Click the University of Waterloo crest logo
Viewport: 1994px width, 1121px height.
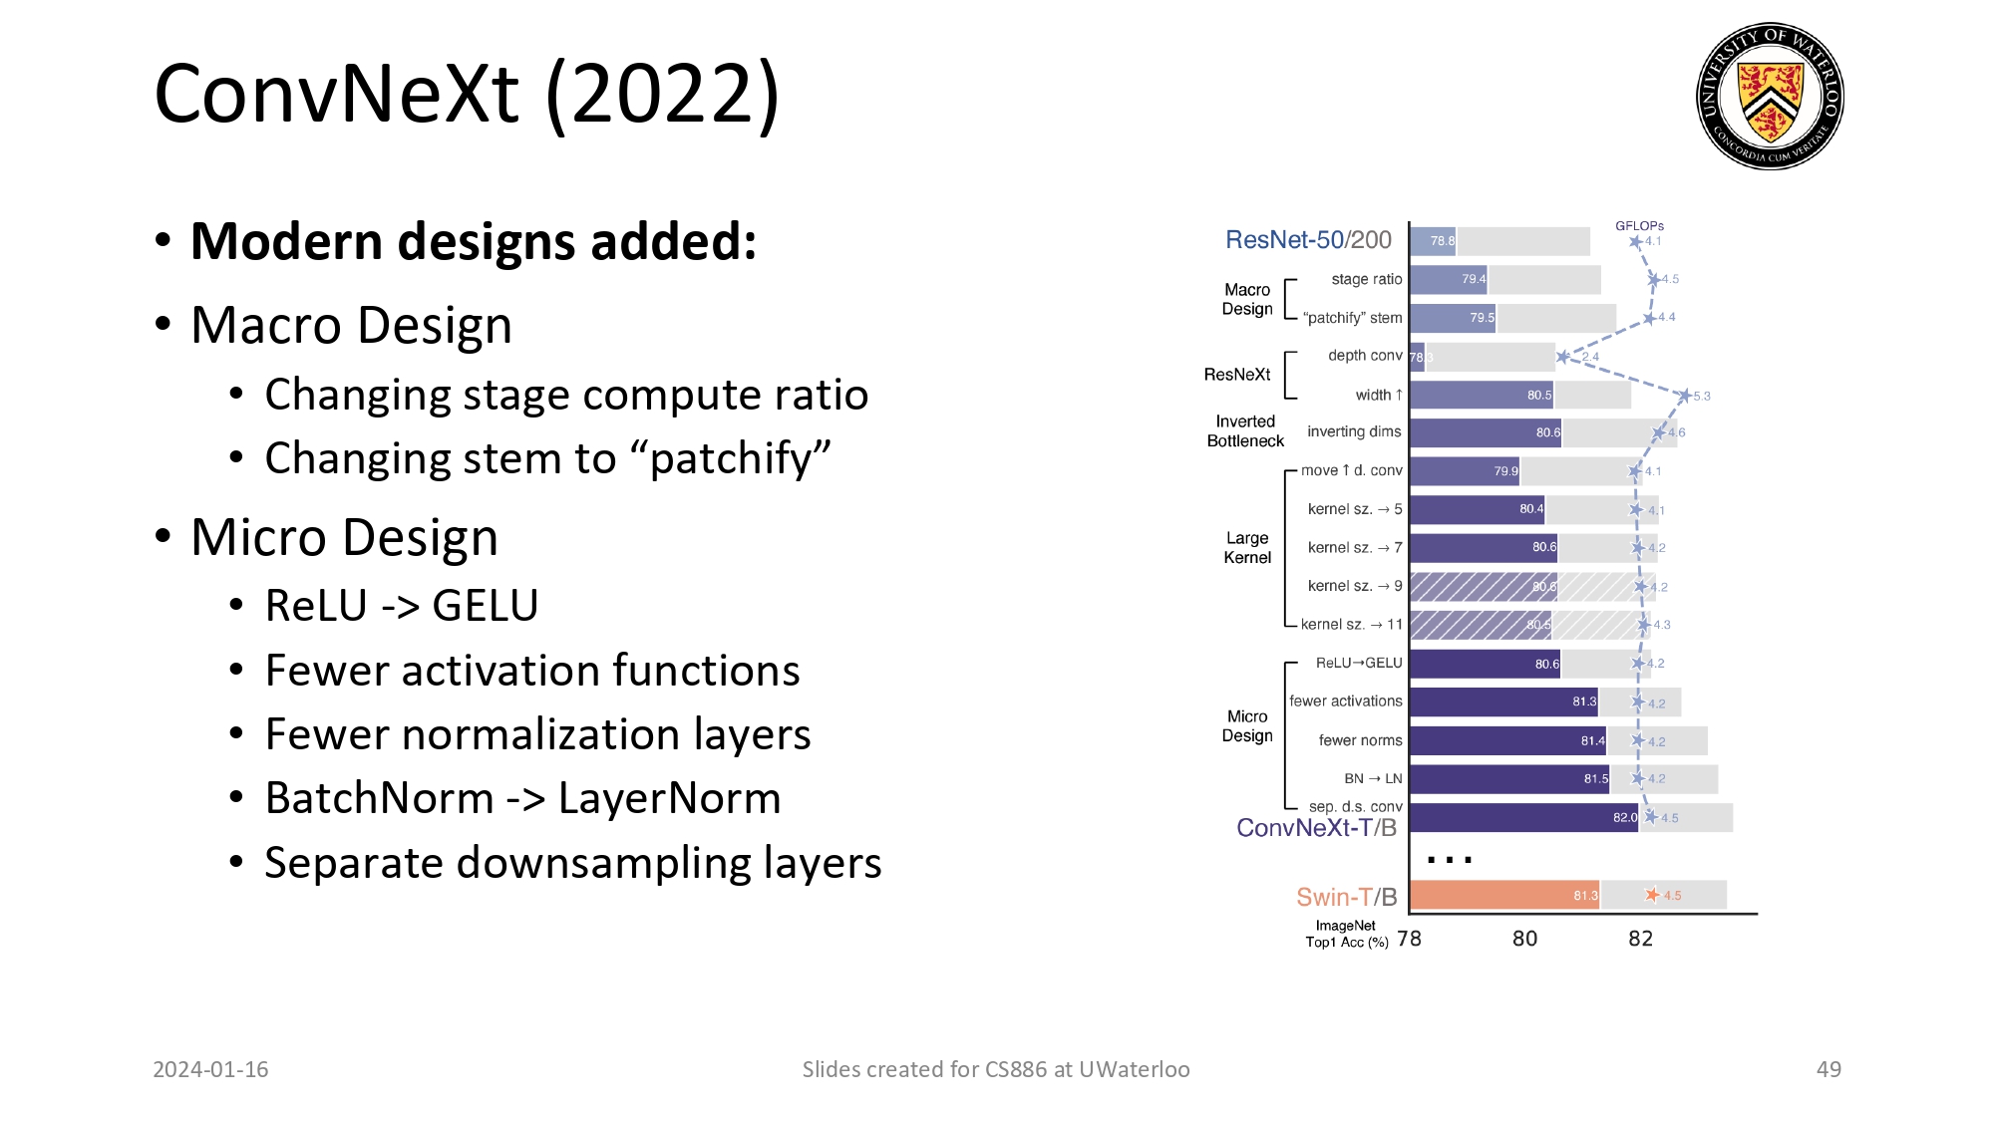point(1770,96)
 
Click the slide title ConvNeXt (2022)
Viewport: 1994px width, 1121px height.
point(467,94)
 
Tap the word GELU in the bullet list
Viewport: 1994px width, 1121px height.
point(485,606)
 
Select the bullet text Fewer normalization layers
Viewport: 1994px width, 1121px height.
point(537,734)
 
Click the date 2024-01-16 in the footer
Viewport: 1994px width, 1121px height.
point(210,1069)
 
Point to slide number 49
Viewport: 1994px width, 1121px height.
point(1828,1069)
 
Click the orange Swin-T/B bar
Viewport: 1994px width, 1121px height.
point(1503,895)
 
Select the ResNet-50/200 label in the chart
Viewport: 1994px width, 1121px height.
point(1307,240)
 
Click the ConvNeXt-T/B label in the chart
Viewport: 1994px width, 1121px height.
point(1316,828)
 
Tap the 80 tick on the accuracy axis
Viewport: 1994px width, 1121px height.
point(1524,939)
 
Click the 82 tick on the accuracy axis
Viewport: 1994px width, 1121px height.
point(1640,939)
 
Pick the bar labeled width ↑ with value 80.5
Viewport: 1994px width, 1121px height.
point(1482,395)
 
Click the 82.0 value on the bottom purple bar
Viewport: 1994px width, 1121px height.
point(1624,817)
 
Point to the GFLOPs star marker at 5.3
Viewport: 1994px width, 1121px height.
point(1684,396)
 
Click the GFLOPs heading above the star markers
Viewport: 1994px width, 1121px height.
point(1639,226)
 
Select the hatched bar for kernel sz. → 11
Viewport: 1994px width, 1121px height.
point(1480,625)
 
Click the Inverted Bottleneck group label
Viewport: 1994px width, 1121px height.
point(1245,431)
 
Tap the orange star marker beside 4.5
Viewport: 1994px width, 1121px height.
point(1652,895)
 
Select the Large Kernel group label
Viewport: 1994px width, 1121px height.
point(1247,548)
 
